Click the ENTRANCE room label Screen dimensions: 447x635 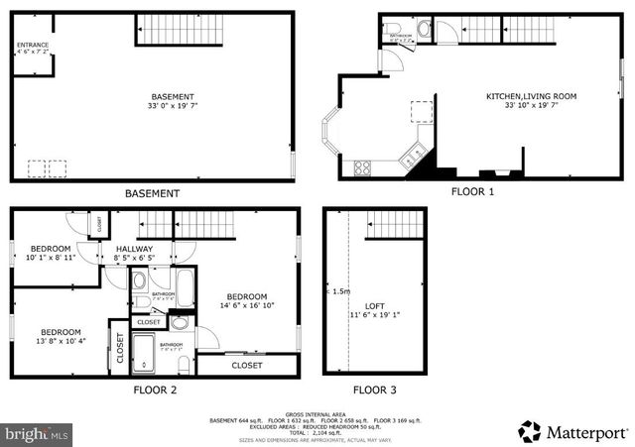(33, 45)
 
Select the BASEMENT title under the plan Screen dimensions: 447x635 (152, 193)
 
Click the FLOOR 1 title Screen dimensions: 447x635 (472, 191)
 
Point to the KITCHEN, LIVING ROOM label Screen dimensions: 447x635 (531, 96)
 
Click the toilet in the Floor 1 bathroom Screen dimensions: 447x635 (426, 29)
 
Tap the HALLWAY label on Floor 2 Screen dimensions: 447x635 (134, 249)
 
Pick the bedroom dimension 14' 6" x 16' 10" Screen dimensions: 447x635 (246, 306)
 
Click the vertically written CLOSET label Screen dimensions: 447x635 (120, 350)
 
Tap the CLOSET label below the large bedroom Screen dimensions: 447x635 (247, 366)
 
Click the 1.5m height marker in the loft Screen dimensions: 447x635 (340, 292)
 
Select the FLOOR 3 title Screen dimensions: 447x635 (374, 390)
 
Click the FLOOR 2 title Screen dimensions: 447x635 (155, 390)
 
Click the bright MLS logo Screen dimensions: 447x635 (38, 433)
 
